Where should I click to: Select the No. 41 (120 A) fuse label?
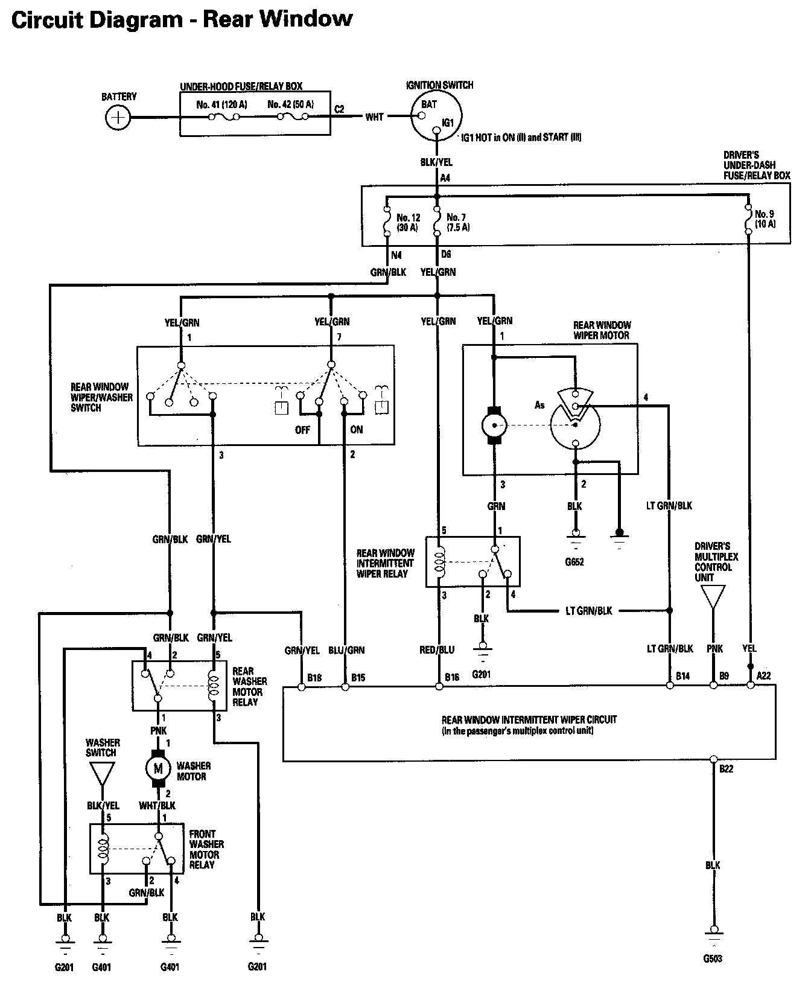(222, 104)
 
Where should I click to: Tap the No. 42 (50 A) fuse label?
(290, 104)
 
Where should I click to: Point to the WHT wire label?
(374, 117)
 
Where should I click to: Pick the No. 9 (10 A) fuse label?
(765, 218)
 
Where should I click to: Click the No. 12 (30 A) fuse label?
(407, 222)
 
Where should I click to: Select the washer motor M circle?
(159, 768)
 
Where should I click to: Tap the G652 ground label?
(574, 562)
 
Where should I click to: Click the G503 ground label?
(713, 958)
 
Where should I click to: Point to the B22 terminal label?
(727, 769)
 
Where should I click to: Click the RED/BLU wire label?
(437, 650)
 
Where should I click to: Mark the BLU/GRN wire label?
(346, 650)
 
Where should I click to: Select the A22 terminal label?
(763, 676)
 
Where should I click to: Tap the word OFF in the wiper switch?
(302, 430)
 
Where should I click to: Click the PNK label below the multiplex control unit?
(715, 649)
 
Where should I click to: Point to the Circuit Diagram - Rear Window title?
(182, 19)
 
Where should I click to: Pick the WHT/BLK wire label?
(157, 805)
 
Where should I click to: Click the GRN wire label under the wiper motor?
(496, 506)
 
